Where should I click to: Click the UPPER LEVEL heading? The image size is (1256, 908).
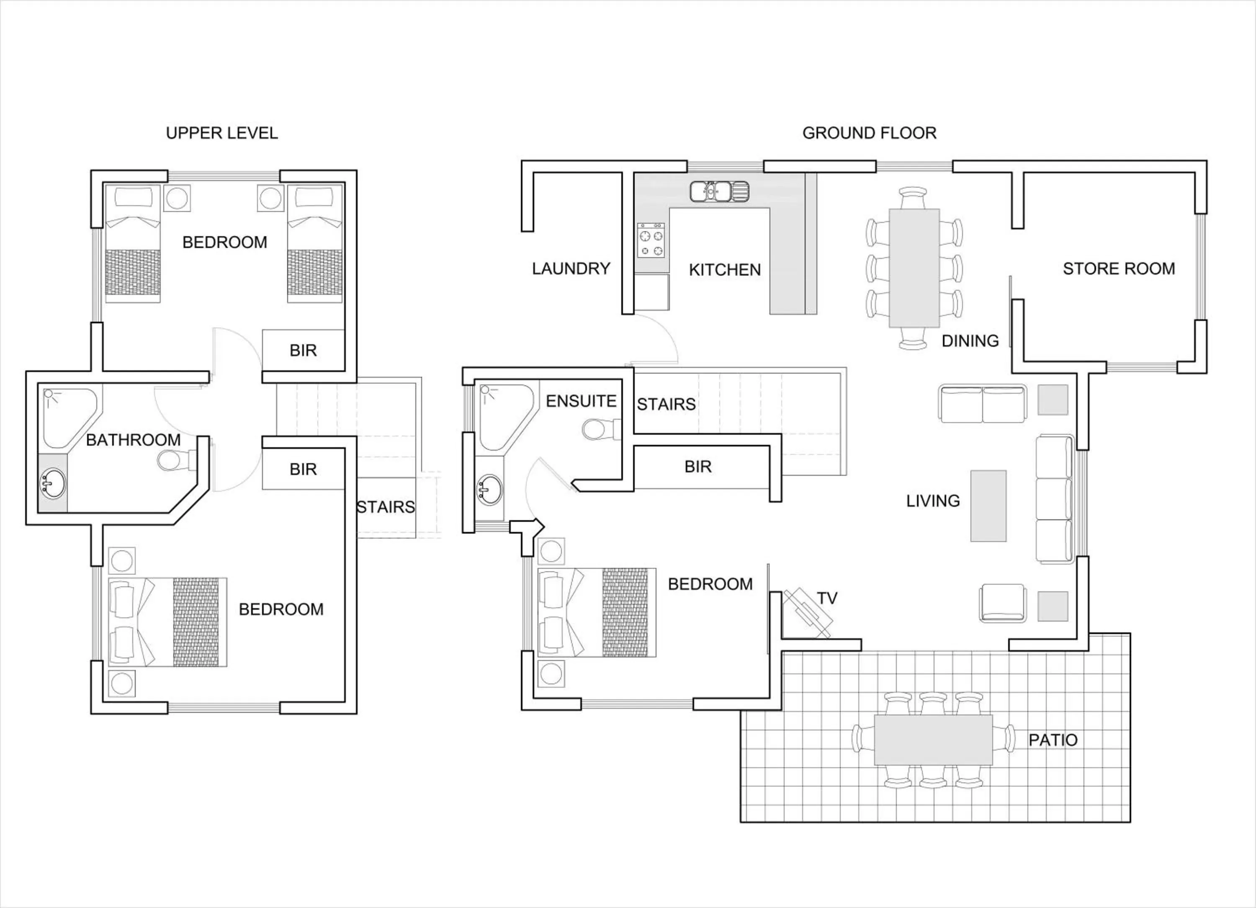click(221, 133)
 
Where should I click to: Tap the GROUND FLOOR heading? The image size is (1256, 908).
click(869, 133)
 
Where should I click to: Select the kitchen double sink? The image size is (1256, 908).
click(719, 192)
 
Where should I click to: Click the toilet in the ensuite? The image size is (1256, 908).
click(601, 429)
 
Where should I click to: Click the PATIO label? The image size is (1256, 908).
click(1052, 740)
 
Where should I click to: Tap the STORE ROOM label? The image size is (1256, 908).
click(1118, 269)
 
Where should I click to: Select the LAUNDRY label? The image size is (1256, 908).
click(570, 269)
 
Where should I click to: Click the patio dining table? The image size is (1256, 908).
click(933, 740)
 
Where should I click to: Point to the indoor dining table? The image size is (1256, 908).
click(914, 268)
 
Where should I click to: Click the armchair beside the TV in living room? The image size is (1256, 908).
click(1002, 603)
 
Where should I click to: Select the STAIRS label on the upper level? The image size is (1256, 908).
click(386, 507)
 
